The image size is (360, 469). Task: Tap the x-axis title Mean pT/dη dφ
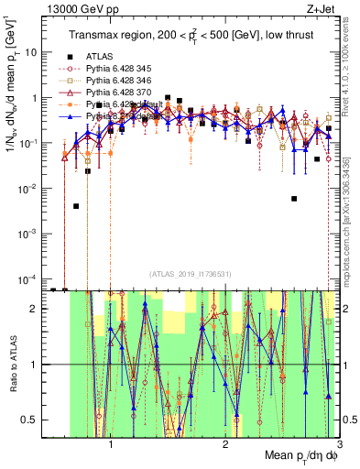click(300, 455)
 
